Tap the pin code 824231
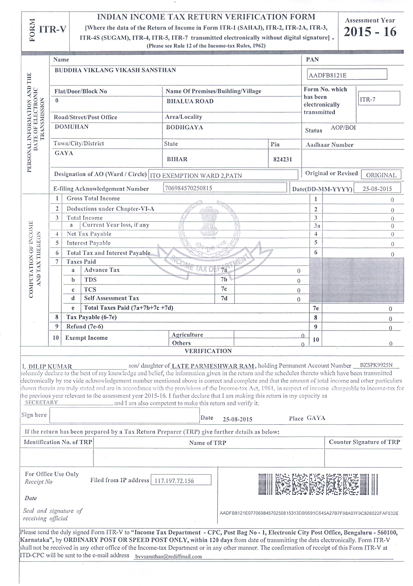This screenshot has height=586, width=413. point(282,159)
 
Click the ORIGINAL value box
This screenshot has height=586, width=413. point(381,175)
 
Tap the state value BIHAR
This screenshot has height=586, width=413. point(177,159)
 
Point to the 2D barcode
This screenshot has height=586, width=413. point(318,484)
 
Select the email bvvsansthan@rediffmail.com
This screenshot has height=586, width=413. point(168,556)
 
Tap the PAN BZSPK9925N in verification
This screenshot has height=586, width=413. point(376,365)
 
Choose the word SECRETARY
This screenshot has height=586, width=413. point(41,402)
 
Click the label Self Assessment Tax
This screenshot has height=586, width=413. point(111,298)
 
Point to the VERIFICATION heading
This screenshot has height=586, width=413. point(208,351)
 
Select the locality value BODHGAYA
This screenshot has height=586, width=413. point(184,127)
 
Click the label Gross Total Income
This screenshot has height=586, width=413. point(93,198)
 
